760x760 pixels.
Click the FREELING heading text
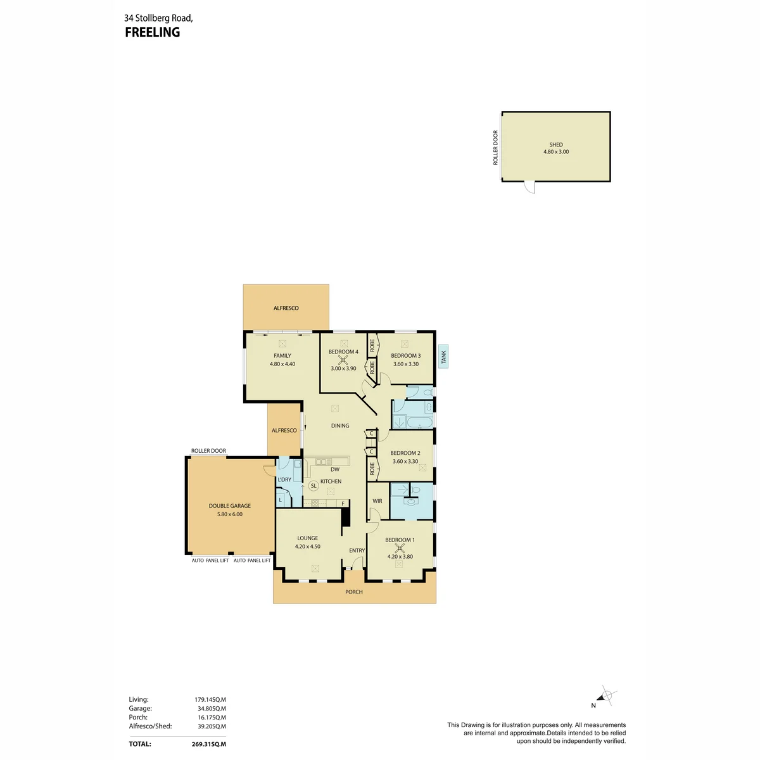[x=152, y=32]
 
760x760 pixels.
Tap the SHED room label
[x=555, y=145]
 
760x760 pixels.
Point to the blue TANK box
[x=443, y=357]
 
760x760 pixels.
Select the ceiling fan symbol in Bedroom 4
[x=343, y=360]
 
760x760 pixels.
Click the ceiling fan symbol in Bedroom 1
[x=400, y=548]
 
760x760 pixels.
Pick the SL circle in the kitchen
[x=313, y=486]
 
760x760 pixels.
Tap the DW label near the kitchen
[x=335, y=469]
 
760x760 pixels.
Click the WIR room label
[x=377, y=501]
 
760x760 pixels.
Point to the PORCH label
[x=354, y=592]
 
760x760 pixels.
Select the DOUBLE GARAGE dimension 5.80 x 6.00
[x=229, y=514]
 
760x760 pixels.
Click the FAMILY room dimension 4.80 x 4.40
[x=282, y=364]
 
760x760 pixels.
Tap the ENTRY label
[x=357, y=550]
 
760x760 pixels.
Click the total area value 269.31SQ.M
[x=208, y=744]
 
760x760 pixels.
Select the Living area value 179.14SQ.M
[x=210, y=699]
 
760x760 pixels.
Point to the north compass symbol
[x=605, y=695]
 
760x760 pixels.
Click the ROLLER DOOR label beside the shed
[x=495, y=148]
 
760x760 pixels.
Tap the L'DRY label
[x=284, y=479]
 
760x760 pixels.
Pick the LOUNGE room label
[x=308, y=538]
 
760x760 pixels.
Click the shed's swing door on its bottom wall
[x=529, y=187]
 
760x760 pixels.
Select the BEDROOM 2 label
[x=405, y=453]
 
